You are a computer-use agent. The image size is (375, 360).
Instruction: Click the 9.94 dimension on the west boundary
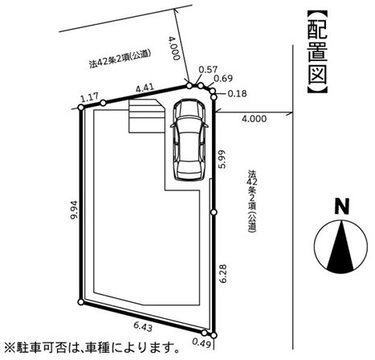coord(74,210)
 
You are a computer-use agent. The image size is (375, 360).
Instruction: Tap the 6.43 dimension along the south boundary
coord(143,327)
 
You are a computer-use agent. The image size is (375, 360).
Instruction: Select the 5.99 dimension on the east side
coord(222,159)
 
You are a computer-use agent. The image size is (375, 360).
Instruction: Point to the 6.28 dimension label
coord(222,273)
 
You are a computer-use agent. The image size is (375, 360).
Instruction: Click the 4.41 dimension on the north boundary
coord(145,88)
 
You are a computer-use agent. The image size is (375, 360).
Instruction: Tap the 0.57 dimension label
coord(208,70)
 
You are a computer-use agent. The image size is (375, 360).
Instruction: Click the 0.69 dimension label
coord(223,79)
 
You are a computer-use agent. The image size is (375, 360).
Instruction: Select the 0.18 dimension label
coord(237,93)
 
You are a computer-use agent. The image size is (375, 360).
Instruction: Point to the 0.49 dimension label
coord(202,342)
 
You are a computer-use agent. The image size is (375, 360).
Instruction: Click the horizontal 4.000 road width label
coord(255,119)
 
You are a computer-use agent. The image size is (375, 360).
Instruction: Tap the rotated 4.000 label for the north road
coord(173,48)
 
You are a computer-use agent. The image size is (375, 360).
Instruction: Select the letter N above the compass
coord(342,207)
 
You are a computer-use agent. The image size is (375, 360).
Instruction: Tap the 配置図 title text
coord(317,52)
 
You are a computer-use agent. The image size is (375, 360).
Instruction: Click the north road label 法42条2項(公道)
coord(120,59)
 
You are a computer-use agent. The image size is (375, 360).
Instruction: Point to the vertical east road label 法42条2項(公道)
coord(252,201)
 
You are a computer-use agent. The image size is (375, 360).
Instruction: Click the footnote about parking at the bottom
coord(92,348)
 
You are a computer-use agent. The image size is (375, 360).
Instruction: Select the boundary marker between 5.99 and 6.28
coord(214,212)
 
